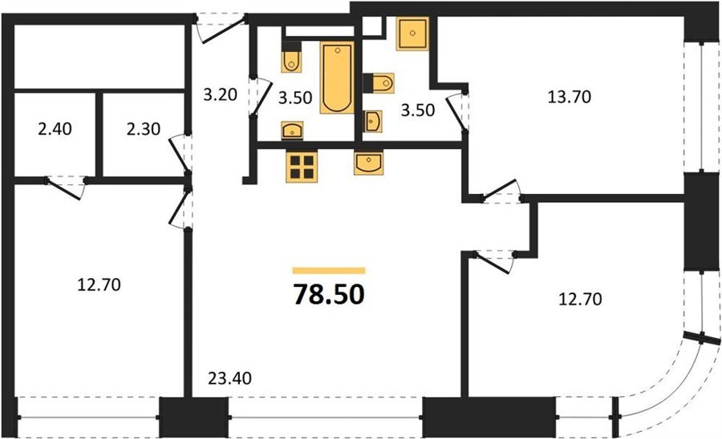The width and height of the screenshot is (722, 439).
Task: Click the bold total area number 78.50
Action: coord(329,295)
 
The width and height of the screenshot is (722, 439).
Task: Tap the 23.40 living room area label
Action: coord(229,378)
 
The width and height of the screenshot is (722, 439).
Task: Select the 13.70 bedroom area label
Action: coord(569,97)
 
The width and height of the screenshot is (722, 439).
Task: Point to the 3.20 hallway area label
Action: coord(220,95)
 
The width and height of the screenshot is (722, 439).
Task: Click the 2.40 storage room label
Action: coord(55,129)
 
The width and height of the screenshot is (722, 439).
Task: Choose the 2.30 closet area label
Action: coord(144,129)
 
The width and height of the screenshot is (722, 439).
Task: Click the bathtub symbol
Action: coord(337,77)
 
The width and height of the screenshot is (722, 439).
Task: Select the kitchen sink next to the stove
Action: coord(368,163)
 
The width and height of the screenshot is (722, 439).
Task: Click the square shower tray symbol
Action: coord(412,34)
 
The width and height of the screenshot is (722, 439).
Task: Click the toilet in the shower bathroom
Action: coord(379,83)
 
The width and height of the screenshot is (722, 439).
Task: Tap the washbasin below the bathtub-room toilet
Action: coord(292,131)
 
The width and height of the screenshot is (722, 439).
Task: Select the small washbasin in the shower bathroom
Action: coord(372,121)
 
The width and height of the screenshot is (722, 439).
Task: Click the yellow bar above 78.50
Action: coord(329,271)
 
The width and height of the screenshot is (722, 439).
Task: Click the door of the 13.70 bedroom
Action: coord(502,191)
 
